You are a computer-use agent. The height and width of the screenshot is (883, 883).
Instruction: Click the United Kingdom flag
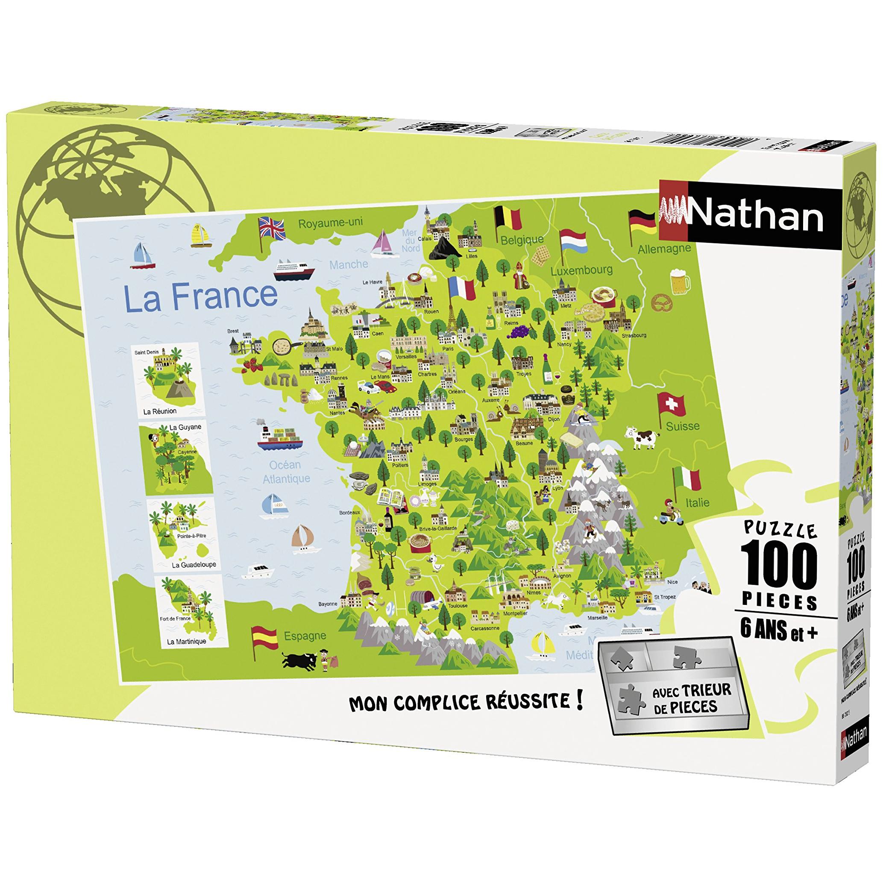pyautogui.click(x=272, y=227)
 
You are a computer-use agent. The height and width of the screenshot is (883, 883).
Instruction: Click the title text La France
pyautogui.click(x=201, y=296)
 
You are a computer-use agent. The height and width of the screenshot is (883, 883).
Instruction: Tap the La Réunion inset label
pyautogui.click(x=159, y=411)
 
